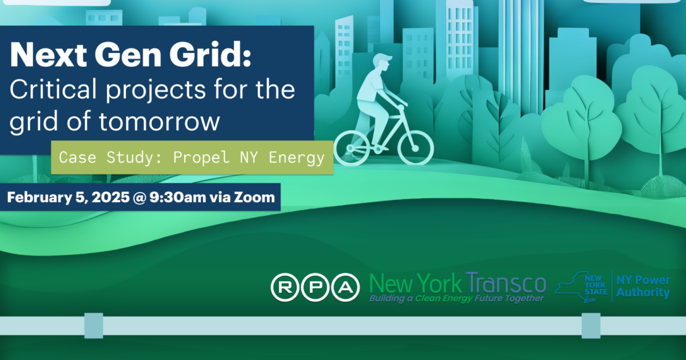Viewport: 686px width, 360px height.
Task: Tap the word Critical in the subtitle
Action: [x=51, y=91]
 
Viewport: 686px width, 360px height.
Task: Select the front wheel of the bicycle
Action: [x=416, y=146]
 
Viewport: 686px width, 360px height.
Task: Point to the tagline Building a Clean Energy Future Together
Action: [x=456, y=298]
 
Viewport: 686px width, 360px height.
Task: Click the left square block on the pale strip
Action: [x=93, y=325]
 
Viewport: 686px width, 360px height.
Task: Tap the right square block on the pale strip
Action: [x=591, y=325]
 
